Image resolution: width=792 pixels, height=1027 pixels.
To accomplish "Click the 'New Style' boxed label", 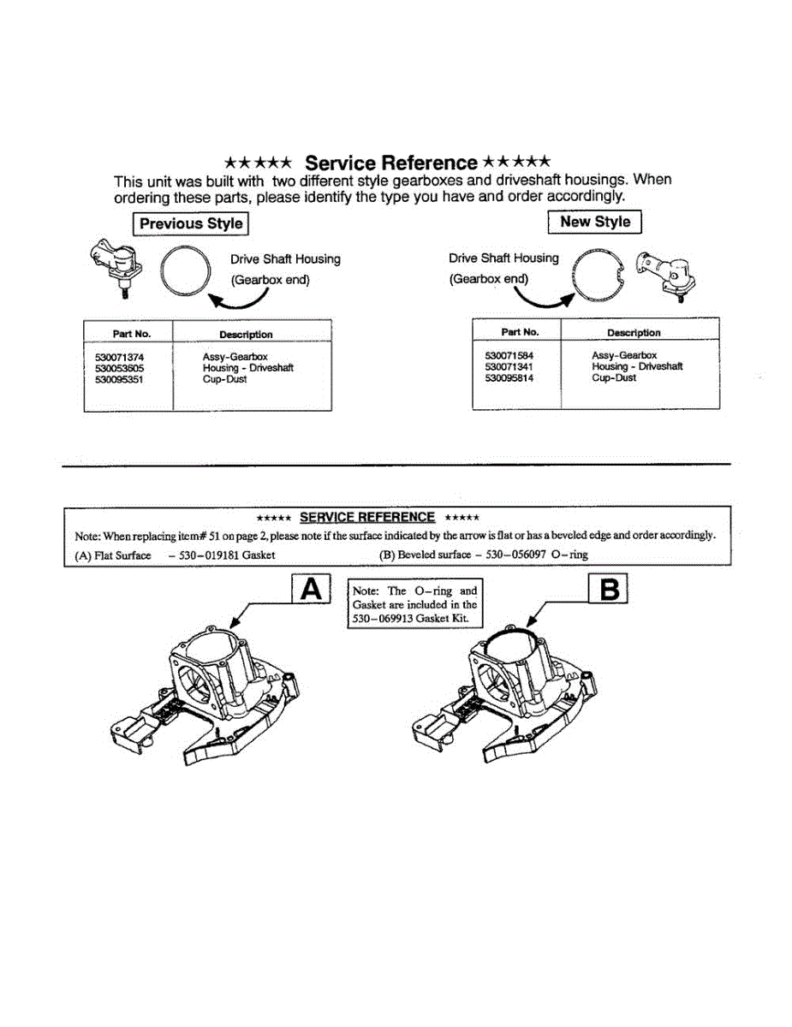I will [x=594, y=223].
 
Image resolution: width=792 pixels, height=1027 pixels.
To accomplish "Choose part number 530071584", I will [x=509, y=355].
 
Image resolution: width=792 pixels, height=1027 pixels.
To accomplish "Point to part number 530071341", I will [x=509, y=366].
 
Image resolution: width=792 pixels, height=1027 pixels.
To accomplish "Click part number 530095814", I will [x=509, y=377].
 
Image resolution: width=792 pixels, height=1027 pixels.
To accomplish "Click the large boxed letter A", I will [x=312, y=591].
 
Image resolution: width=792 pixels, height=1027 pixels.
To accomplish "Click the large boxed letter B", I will [x=609, y=591].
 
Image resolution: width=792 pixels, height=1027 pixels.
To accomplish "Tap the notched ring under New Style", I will [x=600, y=273].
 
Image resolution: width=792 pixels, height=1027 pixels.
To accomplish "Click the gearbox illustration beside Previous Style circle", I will [x=116, y=265].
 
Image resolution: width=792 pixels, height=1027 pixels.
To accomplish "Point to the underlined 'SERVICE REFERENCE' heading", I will [x=367, y=517].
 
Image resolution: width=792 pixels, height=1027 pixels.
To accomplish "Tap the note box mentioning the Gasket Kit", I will [x=414, y=604].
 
